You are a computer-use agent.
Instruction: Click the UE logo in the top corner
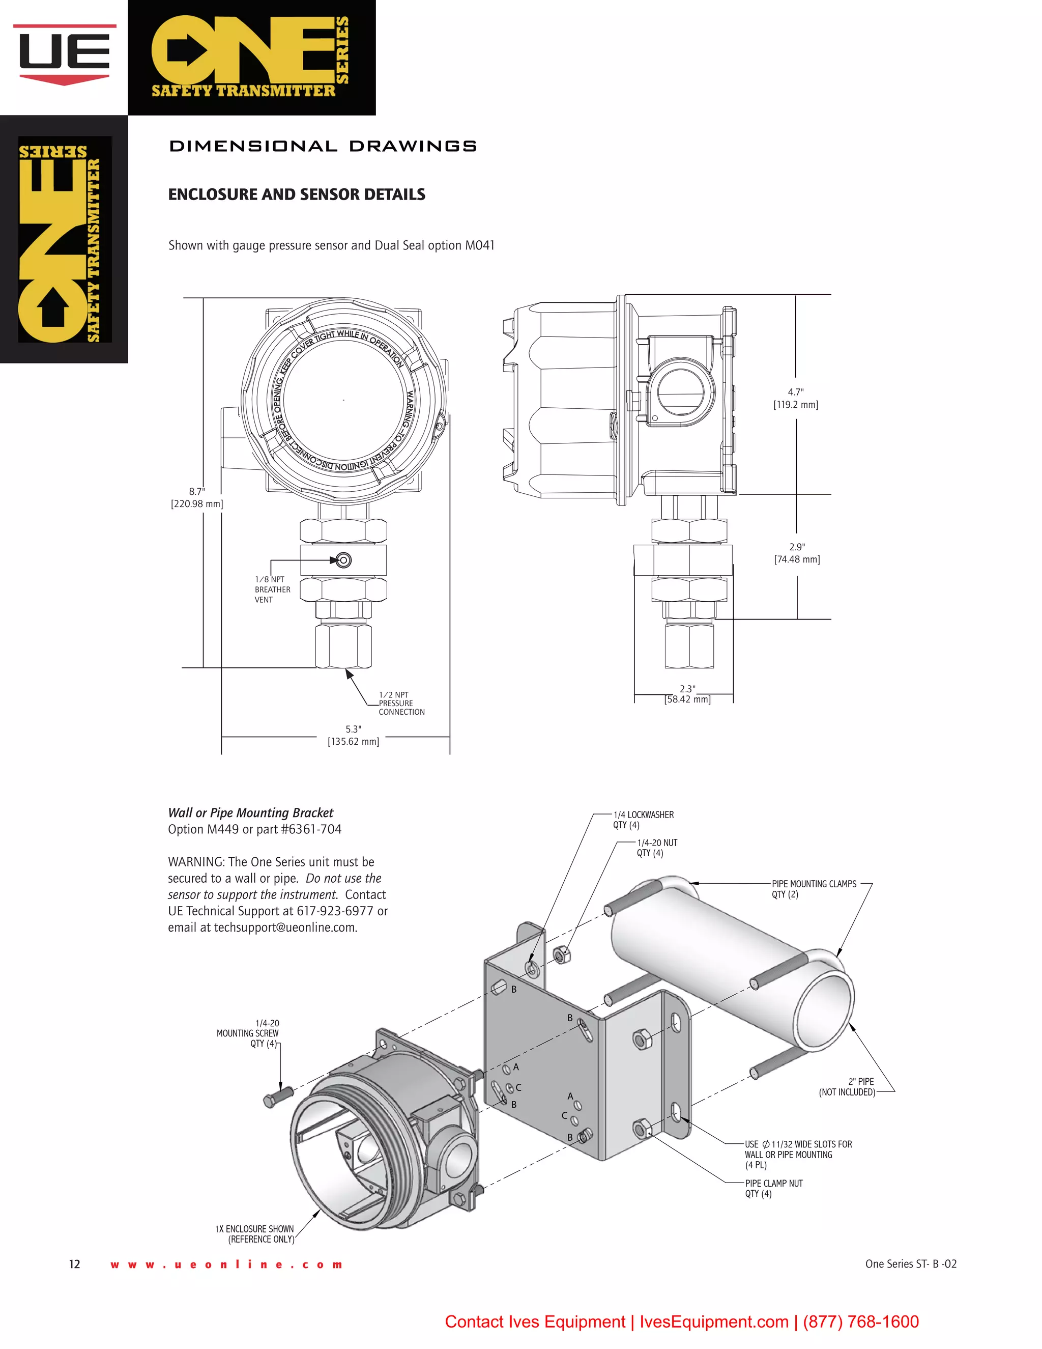pyautogui.click(x=64, y=54)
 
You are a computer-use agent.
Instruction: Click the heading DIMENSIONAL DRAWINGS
pyautogui.click(x=322, y=147)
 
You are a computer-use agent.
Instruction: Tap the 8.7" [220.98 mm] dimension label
pyautogui.click(x=197, y=497)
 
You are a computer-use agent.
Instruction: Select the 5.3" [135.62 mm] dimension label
pyautogui.click(x=353, y=736)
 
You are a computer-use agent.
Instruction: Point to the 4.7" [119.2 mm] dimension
pyautogui.click(x=796, y=399)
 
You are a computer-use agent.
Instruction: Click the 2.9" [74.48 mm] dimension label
pyautogui.click(x=797, y=553)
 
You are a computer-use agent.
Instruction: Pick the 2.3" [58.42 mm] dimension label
pyautogui.click(x=687, y=694)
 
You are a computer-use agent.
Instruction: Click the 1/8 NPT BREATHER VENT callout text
pyautogui.click(x=272, y=589)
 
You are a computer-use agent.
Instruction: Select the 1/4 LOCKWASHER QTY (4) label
pyautogui.click(x=643, y=820)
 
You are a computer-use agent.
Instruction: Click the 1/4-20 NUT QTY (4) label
pyautogui.click(x=657, y=848)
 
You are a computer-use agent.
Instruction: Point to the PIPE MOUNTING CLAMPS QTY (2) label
pyautogui.click(x=813, y=889)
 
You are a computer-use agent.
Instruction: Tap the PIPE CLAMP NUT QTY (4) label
pyautogui.click(x=773, y=1189)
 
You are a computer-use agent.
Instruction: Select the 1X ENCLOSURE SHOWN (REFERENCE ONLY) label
pyautogui.click(x=255, y=1233)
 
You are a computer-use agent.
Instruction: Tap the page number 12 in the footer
pyautogui.click(x=75, y=1264)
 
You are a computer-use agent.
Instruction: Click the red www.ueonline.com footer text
pyautogui.click(x=226, y=1264)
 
